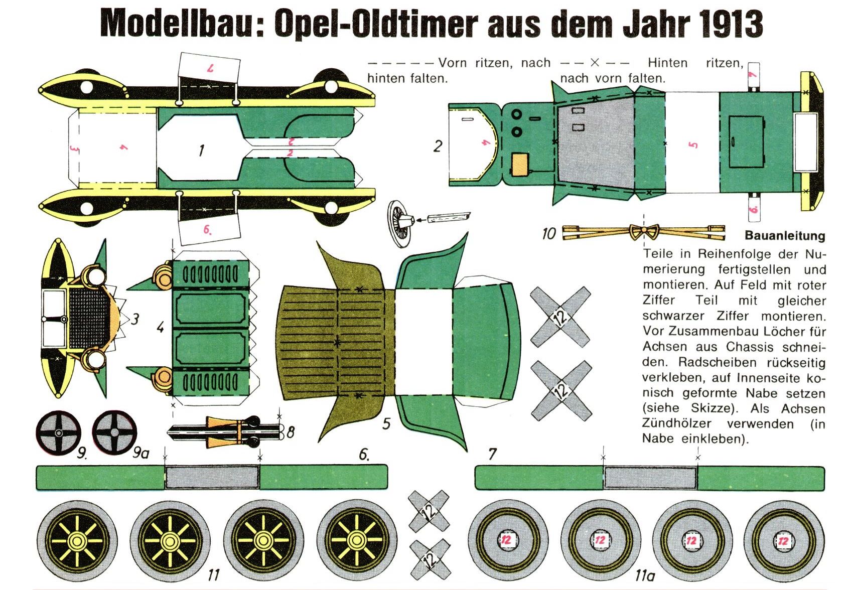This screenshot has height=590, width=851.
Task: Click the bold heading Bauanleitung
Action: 785,235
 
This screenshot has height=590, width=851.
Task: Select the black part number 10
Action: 549,233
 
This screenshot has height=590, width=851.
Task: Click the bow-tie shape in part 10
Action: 644,231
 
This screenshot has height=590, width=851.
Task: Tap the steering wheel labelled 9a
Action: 114,432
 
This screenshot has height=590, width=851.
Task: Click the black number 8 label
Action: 291,432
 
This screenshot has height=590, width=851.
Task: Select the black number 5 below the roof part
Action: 386,424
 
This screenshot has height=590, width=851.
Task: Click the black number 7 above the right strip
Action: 492,454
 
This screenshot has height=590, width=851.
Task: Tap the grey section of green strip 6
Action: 212,477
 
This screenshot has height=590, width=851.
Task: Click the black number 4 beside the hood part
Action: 161,327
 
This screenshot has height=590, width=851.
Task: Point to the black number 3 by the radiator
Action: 135,320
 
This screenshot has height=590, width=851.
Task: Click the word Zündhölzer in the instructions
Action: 676,423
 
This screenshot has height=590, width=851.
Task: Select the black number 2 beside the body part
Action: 438,146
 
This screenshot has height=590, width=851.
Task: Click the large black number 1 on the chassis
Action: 201,151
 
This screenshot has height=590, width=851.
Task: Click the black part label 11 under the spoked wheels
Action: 214,575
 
